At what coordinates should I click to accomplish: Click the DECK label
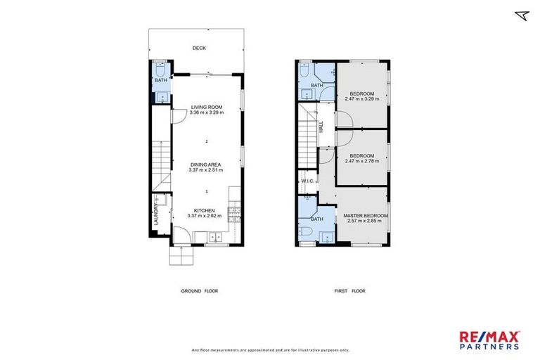[200, 49]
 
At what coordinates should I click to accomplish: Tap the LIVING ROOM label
[206, 108]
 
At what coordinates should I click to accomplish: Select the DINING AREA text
[206, 165]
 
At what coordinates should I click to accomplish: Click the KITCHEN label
[205, 210]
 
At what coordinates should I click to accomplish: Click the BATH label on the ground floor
[160, 80]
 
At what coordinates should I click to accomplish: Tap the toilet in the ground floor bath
[160, 70]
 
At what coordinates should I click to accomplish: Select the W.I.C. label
[307, 181]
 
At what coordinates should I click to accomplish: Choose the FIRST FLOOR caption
[349, 291]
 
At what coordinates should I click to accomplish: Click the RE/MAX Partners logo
[490, 340]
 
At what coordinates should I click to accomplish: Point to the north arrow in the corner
[521, 15]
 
